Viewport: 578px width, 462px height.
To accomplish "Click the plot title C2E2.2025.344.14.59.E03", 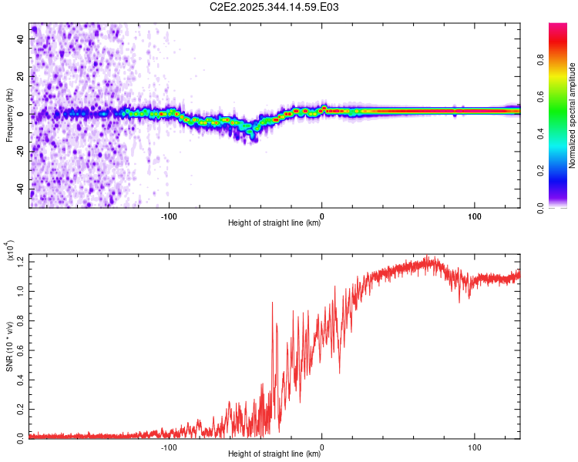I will [275, 7].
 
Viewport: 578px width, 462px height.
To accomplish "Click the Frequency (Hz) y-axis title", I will [9, 115].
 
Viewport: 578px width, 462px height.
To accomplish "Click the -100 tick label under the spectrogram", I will [169, 216].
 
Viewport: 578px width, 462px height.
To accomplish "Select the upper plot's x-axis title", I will [274, 223].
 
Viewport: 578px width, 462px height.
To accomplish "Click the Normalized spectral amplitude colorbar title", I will [573, 115].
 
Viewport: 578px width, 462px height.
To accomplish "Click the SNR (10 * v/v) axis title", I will [9, 346].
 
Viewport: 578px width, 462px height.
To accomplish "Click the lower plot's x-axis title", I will [274, 454].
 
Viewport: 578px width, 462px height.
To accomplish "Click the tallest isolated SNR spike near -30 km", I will [273, 303].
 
